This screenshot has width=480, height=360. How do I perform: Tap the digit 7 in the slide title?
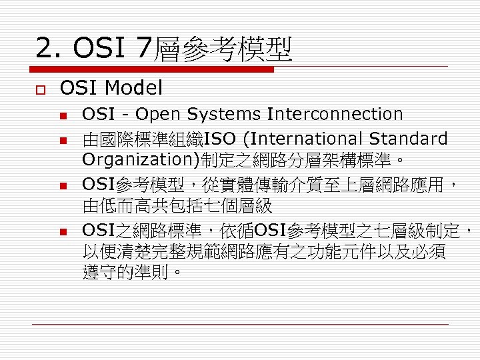tap(143, 48)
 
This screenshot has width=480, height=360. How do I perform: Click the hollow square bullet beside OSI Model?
tap(40, 88)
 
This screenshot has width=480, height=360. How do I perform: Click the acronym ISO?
tap(221, 139)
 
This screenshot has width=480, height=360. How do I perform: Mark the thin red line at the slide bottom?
tap(240, 323)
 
